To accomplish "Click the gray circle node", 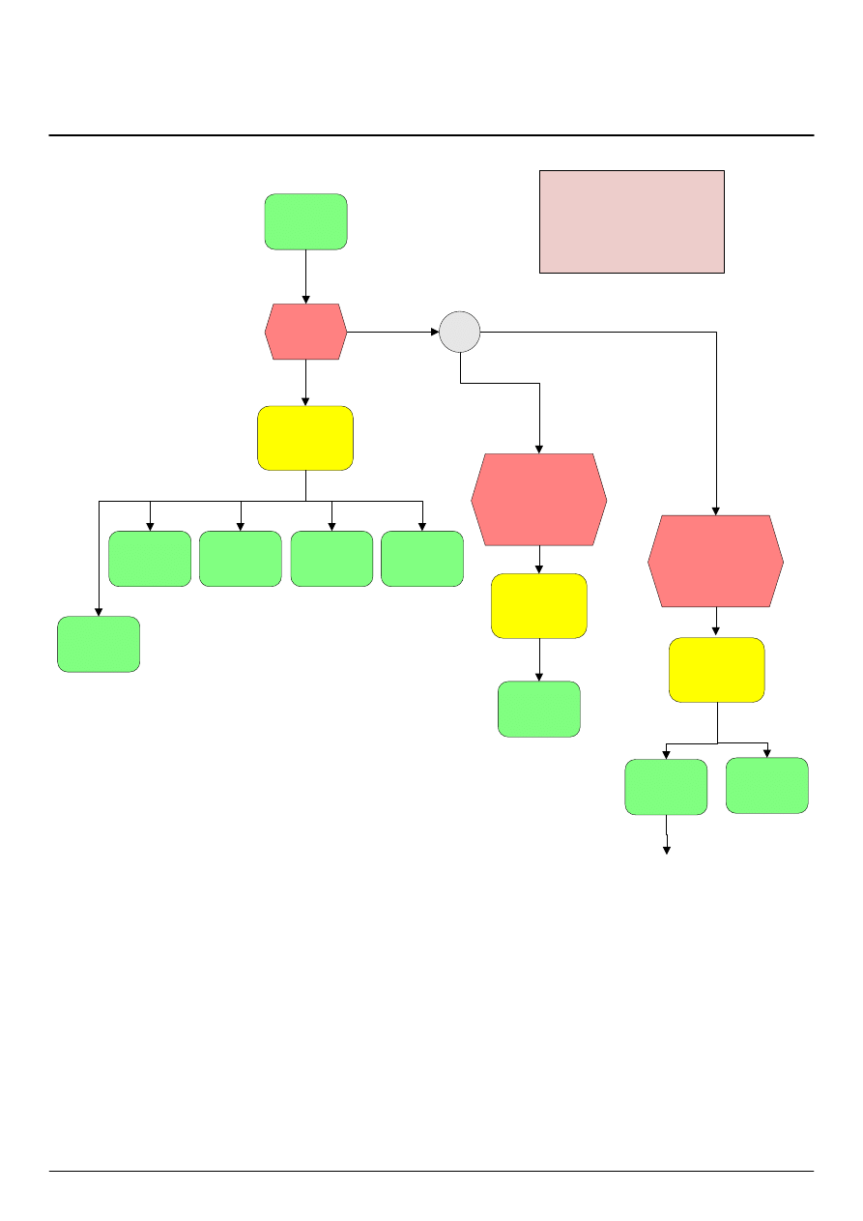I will coord(460,332).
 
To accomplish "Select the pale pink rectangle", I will coord(631,221).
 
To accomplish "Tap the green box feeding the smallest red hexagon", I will coord(306,221).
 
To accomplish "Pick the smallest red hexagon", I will coord(306,332).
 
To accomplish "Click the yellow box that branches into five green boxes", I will coord(305,438).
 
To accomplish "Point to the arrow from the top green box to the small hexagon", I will coord(306,276).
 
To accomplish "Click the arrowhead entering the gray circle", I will coord(434,332).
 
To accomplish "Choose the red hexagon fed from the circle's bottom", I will coord(539,499).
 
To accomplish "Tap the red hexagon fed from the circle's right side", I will coord(715,561).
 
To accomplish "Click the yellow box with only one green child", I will coord(539,605).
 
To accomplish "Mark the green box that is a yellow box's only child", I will coord(539,709).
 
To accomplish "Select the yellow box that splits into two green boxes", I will coord(717,669).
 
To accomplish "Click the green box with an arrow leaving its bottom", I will coord(666,786).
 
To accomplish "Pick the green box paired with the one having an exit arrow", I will coord(767,785).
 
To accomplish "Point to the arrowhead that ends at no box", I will coord(666,850).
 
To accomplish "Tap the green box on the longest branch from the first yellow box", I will coord(99,644).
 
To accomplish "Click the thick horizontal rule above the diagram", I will coord(431,135).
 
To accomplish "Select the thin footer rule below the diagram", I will coord(431,1172).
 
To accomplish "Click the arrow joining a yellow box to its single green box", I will coord(539,659).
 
